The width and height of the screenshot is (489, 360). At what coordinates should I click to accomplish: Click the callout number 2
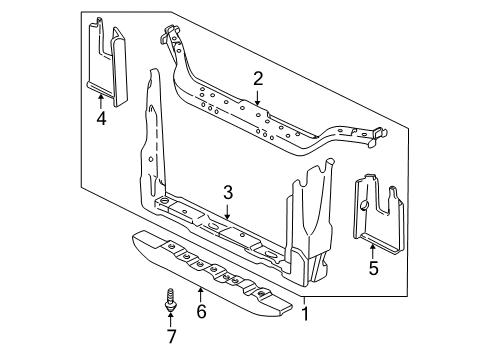(x=257, y=78)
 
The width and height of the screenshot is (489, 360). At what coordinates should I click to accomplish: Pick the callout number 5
(x=372, y=268)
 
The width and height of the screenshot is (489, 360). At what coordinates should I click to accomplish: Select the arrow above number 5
(x=372, y=248)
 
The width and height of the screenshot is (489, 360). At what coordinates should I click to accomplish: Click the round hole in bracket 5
(x=366, y=207)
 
